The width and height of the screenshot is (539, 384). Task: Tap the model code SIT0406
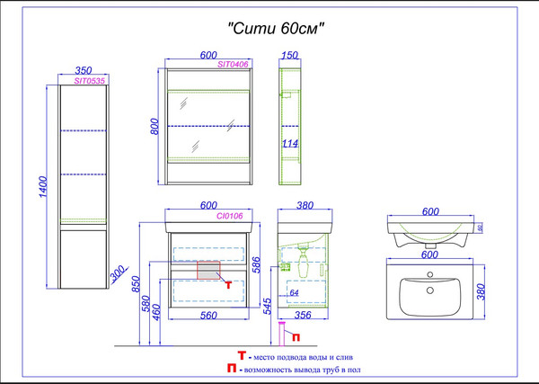[233, 65]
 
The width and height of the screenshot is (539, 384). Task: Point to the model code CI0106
[231, 216]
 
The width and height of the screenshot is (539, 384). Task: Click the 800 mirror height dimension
[154, 126]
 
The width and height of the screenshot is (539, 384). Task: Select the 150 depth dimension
[290, 56]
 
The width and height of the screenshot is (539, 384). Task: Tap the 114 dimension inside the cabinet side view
[290, 143]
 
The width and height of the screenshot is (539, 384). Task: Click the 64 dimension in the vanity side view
[293, 293]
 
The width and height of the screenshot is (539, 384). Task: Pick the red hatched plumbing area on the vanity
[208, 271]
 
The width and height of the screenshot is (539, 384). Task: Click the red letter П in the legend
[233, 369]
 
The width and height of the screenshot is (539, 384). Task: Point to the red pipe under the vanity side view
[287, 334]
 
